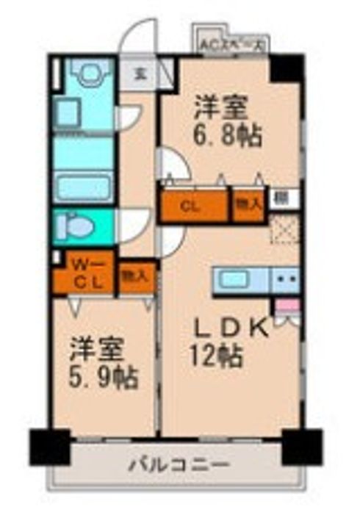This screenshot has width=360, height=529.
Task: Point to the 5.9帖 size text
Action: (104, 378)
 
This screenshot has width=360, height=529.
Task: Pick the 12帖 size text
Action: (218, 357)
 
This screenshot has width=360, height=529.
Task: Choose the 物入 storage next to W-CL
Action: (136, 276)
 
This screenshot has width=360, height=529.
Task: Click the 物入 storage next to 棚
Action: (248, 206)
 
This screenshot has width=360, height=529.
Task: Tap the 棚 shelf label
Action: (281, 197)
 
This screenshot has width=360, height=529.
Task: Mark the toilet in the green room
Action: (76, 226)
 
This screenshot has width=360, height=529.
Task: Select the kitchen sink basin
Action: (236, 280)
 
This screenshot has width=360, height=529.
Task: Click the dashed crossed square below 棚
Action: (283, 229)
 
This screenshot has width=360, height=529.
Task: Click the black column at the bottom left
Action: (49, 445)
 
